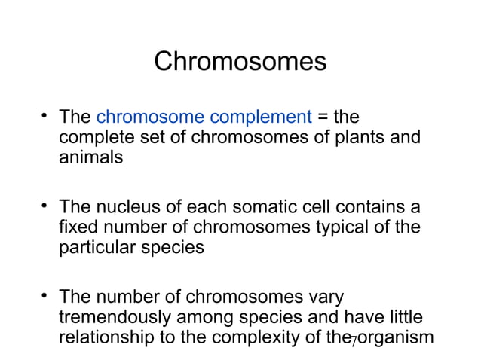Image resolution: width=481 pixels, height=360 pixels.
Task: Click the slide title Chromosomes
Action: (240, 61)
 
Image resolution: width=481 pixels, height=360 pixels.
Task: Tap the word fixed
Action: (76, 227)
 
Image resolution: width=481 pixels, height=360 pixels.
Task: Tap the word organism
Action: (396, 337)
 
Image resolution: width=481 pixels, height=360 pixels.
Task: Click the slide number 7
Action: (354, 343)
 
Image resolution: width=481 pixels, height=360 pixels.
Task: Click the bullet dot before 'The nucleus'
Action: (45, 205)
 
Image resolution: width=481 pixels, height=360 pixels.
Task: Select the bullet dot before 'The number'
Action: (45, 294)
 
